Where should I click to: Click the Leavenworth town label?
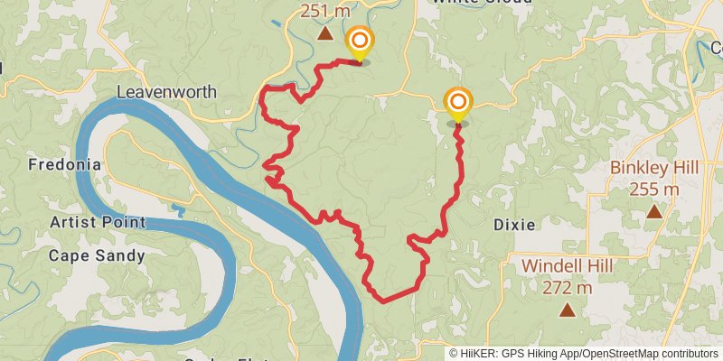[x=166, y=92]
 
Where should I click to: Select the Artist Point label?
[x=98, y=222]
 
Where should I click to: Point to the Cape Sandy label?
[x=97, y=255]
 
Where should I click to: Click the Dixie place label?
[x=514, y=224]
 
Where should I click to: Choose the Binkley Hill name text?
[x=654, y=168]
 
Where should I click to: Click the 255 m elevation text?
[x=654, y=189]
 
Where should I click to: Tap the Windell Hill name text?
[x=568, y=266]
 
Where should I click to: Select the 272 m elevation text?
[x=568, y=288]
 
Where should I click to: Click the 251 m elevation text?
[x=324, y=11]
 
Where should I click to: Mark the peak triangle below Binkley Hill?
[x=654, y=212]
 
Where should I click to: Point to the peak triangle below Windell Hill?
[x=568, y=310]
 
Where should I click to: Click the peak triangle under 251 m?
[x=324, y=33]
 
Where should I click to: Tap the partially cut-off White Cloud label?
[x=482, y=3]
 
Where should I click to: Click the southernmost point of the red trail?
[x=383, y=301]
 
